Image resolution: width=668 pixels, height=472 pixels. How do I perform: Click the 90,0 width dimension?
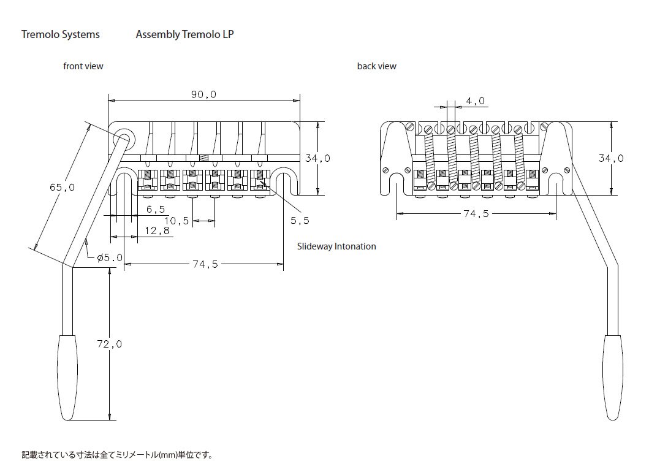click(204, 94)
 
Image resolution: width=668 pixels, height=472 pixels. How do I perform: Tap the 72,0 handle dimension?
click(110, 344)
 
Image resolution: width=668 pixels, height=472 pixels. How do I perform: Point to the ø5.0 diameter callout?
click(110, 258)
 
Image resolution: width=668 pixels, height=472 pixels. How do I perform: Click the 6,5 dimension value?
click(156, 209)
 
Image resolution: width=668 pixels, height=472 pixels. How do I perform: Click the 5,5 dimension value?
click(299, 219)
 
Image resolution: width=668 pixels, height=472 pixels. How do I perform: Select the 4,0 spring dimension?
click(475, 101)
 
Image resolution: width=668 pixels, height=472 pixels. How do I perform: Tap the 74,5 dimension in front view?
click(205, 264)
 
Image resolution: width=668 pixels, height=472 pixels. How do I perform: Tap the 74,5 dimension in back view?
click(476, 215)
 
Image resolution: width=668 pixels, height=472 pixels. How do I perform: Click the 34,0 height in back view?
click(611, 158)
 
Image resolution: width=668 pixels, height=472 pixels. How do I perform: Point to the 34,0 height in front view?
click(318, 158)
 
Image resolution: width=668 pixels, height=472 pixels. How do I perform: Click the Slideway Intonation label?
click(336, 246)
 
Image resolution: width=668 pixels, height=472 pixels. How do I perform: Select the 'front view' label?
click(83, 66)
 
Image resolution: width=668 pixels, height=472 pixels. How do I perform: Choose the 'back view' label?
click(377, 66)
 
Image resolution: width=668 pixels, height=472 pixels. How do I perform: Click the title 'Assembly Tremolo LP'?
click(184, 34)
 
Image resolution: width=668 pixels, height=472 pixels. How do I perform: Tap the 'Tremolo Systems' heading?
click(60, 34)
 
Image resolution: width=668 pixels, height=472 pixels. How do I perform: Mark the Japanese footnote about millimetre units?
click(117, 455)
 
